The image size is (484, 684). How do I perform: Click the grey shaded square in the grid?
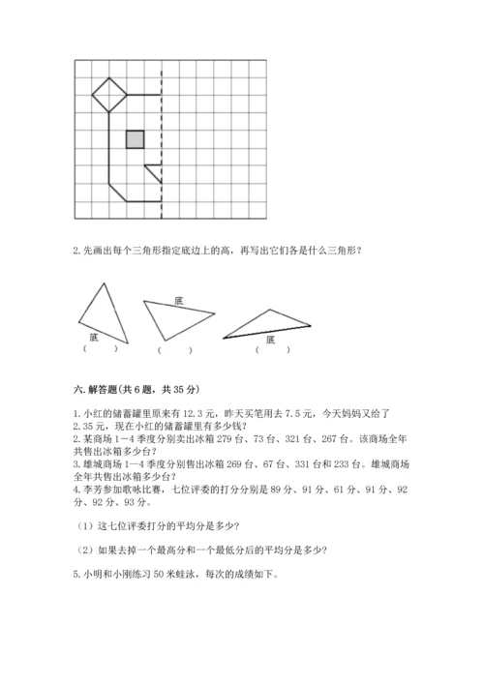[x=136, y=139]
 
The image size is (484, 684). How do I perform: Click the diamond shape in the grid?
[x=109, y=95]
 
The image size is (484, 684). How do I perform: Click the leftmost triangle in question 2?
[x=97, y=310]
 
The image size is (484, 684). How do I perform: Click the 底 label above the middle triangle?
[x=179, y=300]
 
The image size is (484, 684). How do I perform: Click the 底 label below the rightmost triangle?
[x=270, y=340]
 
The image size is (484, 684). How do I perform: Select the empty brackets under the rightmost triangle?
[x=270, y=350]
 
